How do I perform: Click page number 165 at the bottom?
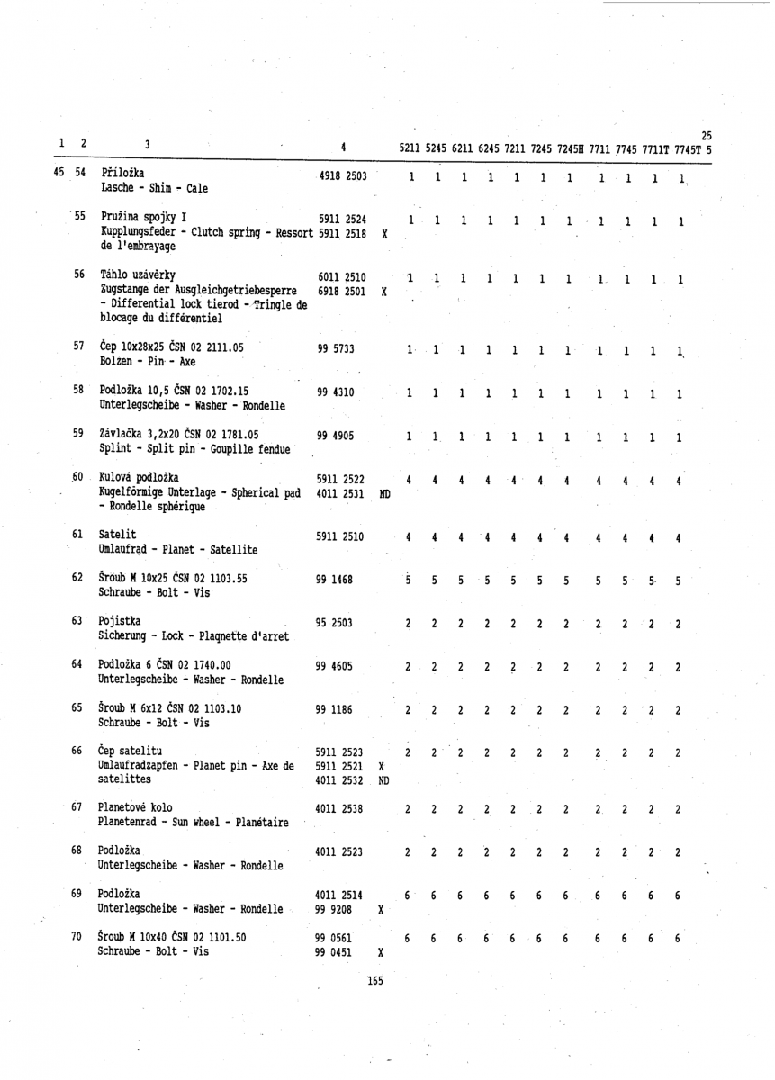(376, 980)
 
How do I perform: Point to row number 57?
(78, 346)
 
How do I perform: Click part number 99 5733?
(336, 348)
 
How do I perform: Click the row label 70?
(77, 938)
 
